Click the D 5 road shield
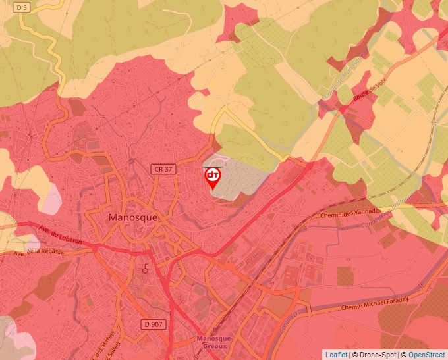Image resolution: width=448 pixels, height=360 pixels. coord(22,7)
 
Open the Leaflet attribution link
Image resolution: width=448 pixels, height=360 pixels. coord(336,355)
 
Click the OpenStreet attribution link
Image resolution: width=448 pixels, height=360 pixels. coord(426,355)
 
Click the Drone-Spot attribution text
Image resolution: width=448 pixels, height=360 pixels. coord(376,355)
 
